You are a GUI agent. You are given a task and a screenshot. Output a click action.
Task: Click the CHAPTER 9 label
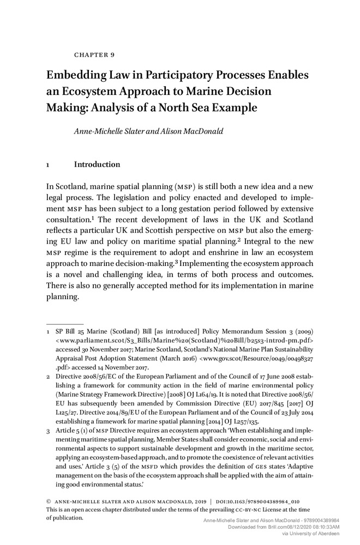93,55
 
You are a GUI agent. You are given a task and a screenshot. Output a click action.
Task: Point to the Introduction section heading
97,164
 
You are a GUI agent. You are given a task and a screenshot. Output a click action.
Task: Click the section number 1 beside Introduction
49,165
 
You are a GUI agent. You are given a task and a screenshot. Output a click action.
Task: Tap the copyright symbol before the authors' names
49,502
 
